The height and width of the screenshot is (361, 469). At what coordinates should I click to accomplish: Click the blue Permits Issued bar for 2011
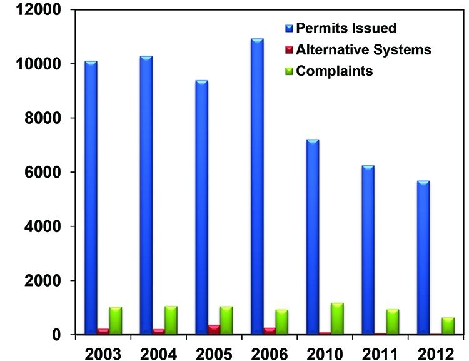click(368, 250)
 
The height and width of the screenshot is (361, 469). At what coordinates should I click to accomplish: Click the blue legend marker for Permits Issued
click(289, 29)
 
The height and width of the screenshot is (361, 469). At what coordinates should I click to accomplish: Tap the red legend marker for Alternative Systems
click(289, 50)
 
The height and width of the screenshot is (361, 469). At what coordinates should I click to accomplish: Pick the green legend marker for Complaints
click(289, 71)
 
